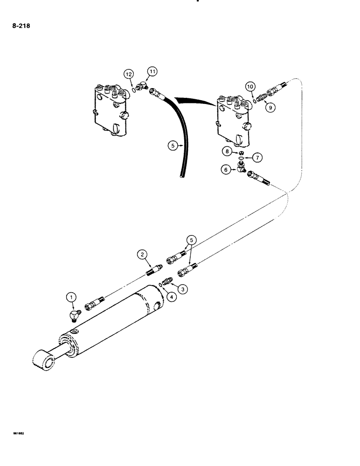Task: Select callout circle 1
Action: (x=71, y=296)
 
